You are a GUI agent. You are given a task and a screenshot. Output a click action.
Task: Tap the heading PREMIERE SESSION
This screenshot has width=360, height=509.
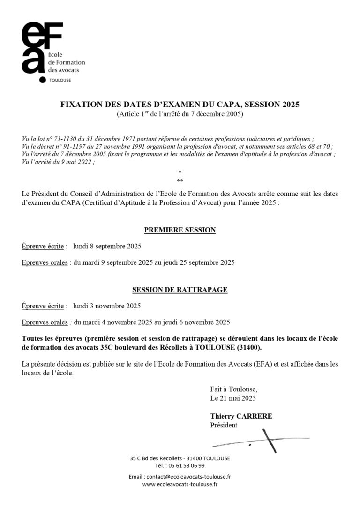tap(180, 230)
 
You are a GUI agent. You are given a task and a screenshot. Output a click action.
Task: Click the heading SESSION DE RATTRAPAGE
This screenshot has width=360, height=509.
tap(180, 290)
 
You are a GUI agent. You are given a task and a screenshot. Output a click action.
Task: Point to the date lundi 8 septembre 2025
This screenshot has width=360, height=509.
tap(107, 246)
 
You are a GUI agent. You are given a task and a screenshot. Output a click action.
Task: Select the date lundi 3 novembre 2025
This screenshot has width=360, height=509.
tap(107, 306)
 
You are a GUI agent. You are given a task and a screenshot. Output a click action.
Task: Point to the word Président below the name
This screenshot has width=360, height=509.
tap(224, 425)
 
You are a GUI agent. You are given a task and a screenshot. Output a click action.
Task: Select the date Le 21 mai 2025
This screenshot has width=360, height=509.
tap(233, 398)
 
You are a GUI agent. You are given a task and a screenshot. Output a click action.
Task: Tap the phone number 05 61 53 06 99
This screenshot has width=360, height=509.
tap(186, 466)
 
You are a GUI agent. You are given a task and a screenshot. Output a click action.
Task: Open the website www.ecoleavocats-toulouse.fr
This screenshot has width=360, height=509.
tap(180, 484)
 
